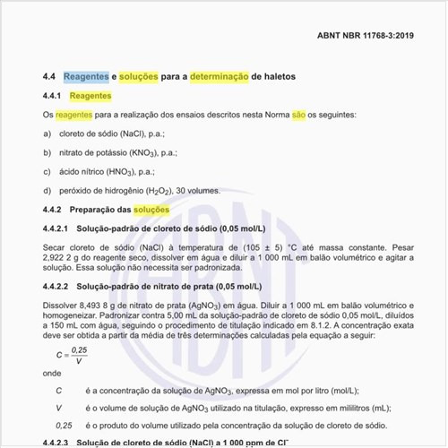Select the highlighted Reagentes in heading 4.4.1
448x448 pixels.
pos(90,95)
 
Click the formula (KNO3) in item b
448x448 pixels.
pos(147,152)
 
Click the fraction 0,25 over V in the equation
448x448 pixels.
pos(79,354)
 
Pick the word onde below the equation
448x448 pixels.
pos(52,373)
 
